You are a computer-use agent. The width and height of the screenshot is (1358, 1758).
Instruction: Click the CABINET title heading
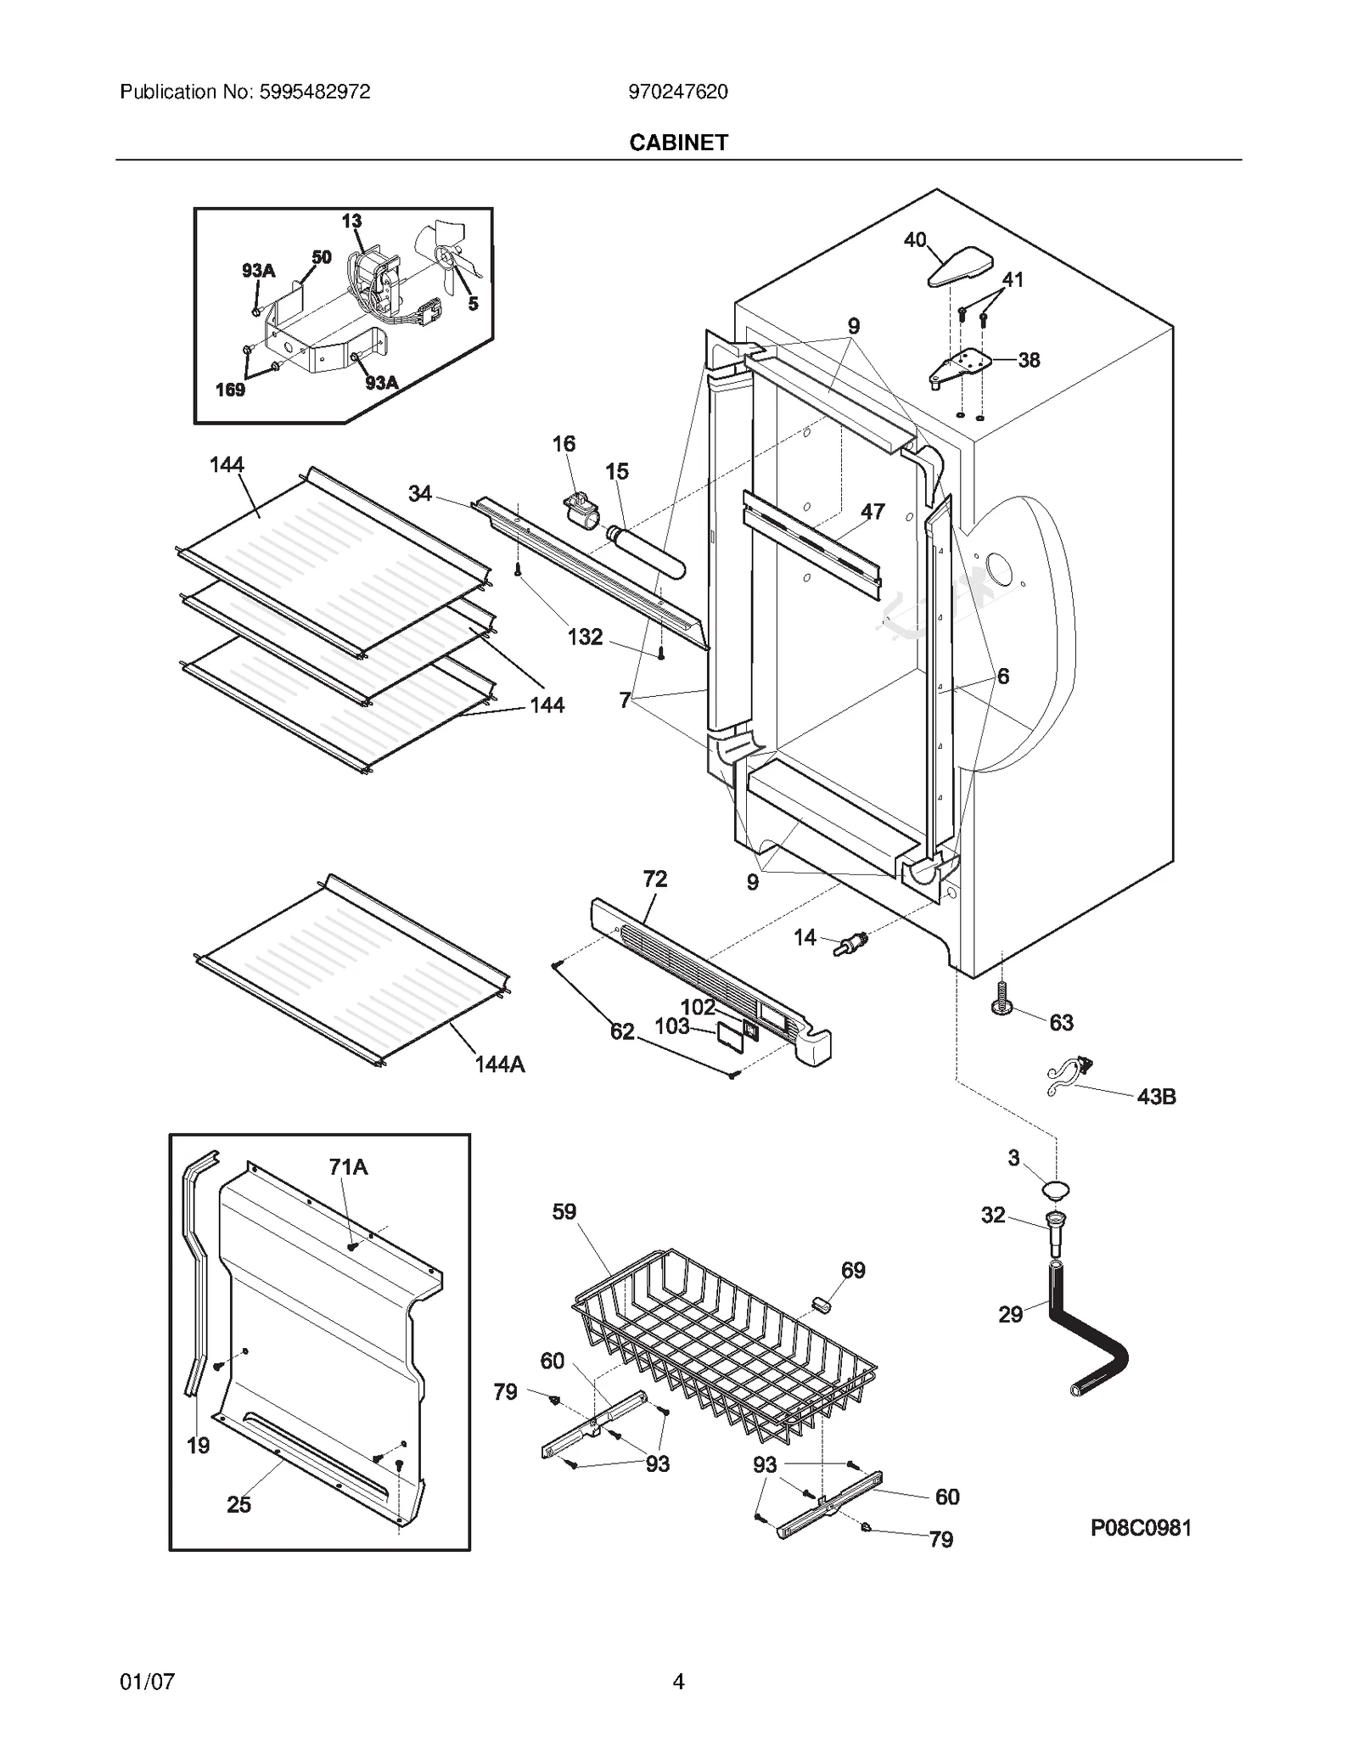pyautogui.click(x=678, y=143)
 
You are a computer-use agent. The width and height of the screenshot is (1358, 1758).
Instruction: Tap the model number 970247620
pyautogui.click(x=678, y=92)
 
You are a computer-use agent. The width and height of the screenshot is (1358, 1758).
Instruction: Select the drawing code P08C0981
pyautogui.click(x=1141, y=1528)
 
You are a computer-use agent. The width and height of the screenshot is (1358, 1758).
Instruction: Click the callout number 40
pyautogui.click(x=914, y=240)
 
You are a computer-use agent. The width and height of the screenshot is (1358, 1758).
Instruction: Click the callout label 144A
pyautogui.click(x=500, y=1064)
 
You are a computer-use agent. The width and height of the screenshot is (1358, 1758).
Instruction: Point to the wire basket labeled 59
pyautogui.click(x=721, y=1341)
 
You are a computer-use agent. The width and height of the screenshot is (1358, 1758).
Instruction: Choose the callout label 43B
pyautogui.click(x=1156, y=1097)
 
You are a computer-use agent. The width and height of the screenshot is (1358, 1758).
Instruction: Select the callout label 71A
pyautogui.click(x=348, y=1167)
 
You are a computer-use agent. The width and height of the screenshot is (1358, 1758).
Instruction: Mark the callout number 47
pyautogui.click(x=873, y=511)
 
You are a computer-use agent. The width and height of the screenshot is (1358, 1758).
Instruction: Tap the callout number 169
pyautogui.click(x=230, y=390)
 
